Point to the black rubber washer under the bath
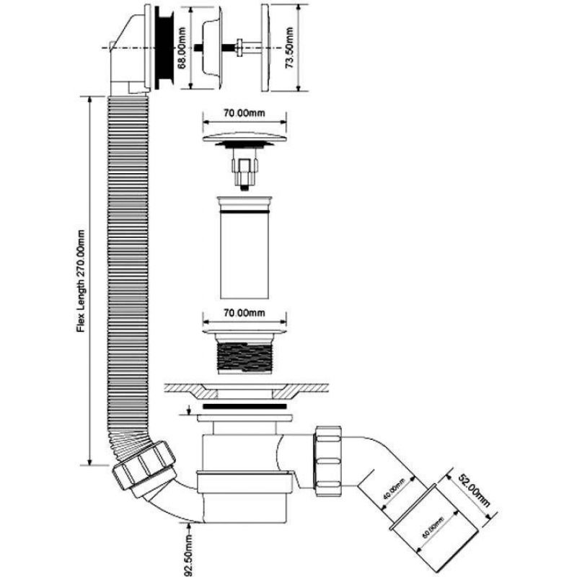pyautogui.click(x=245, y=409)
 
